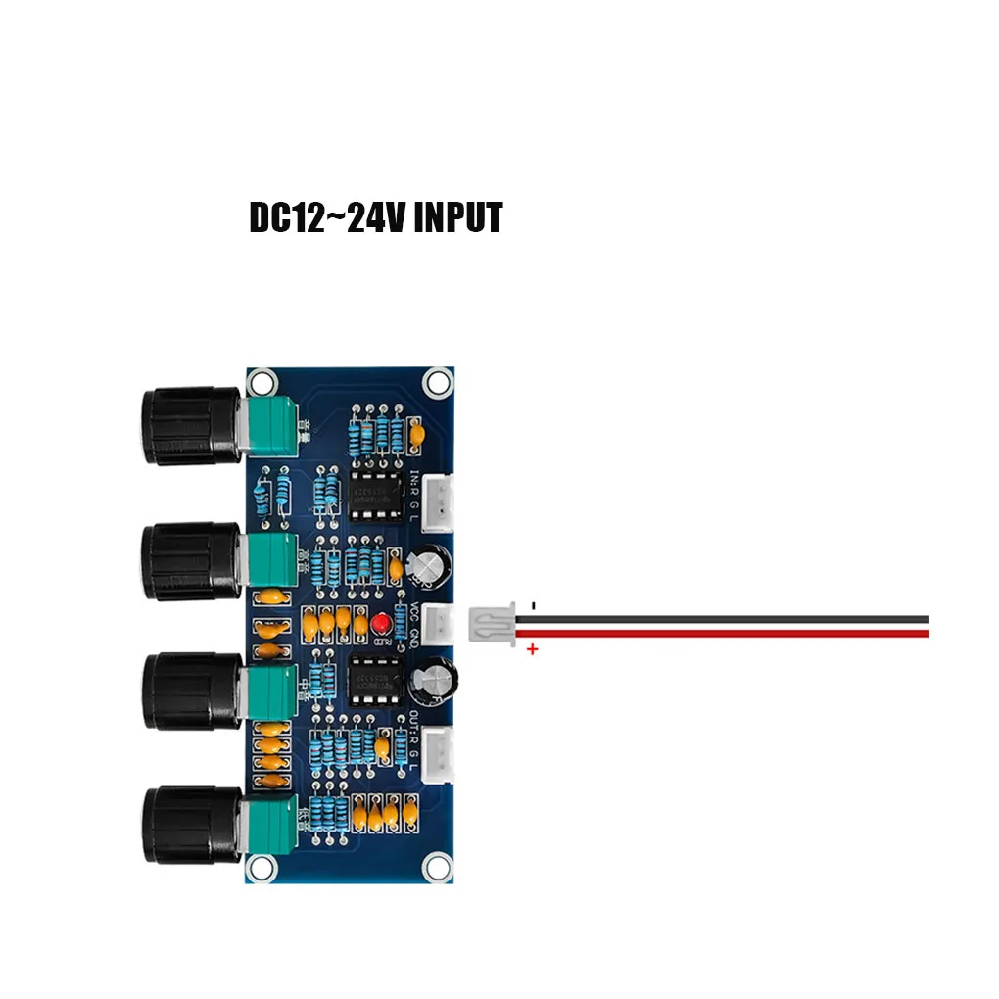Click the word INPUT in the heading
(x=457, y=217)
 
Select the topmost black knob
(x=190, y=426)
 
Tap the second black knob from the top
(x=190, y=561)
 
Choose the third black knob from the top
(x=190, y=691)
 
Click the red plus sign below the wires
(x=533, y=649)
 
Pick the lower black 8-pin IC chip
(x=372, y=678)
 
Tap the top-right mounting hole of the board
(x=436, y=382)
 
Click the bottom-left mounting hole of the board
(x=261, y=866)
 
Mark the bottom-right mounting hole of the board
(x=436, y=866)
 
